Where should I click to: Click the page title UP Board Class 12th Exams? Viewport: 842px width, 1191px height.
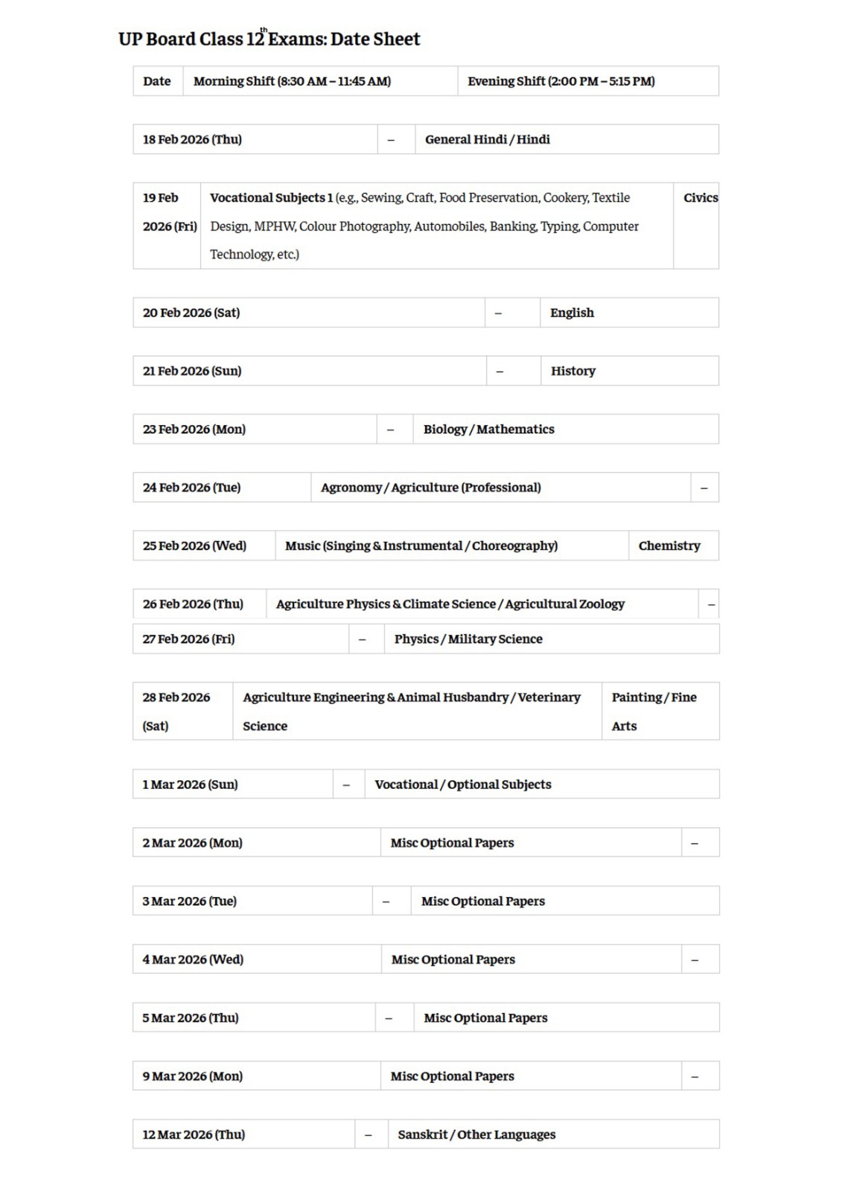click(269, 39)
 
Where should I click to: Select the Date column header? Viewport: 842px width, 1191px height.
click(157, 81)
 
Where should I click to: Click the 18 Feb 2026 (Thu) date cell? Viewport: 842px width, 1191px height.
click(192, 139)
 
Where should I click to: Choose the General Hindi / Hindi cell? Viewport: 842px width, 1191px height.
click(488, 139)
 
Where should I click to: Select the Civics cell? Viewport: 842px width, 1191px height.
click(700, 198)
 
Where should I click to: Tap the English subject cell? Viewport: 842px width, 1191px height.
click(572, 313)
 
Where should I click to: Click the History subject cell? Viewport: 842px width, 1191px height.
click(573, 371)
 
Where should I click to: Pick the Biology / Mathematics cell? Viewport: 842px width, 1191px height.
click(488, 429)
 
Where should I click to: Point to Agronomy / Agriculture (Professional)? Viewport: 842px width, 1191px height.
click(430, 488)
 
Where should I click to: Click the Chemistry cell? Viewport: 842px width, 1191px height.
click(669, 546)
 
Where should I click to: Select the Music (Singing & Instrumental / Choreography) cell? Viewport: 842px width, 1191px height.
click(421, 546)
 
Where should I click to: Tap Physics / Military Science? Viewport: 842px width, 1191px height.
click(468, 639)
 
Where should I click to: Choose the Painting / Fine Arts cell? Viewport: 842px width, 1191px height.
click(654, 711)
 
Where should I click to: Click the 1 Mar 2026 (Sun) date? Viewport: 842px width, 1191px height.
click(190, 784)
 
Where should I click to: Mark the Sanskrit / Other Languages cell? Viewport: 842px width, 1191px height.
click(476, 1134)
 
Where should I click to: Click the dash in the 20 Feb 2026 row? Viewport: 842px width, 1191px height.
click(498, 313)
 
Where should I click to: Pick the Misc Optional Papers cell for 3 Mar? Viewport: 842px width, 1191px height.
click(482, 901)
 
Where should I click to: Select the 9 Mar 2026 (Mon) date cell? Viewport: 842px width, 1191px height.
click(192, 1076)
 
